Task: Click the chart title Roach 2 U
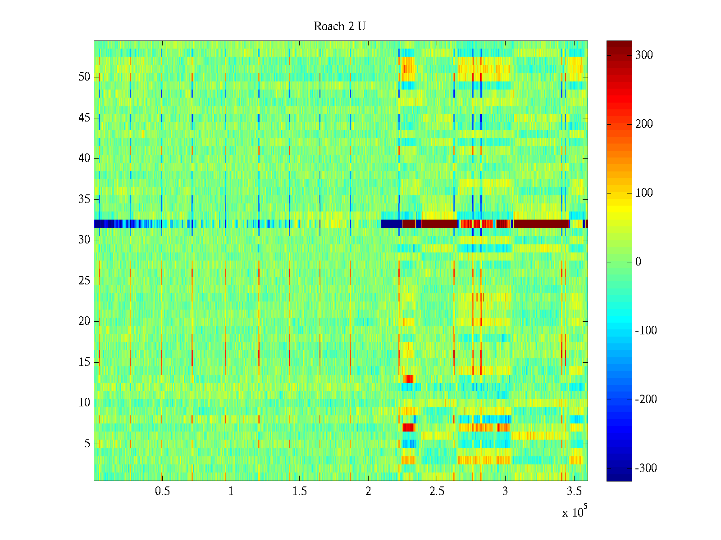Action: (x=339, y=27)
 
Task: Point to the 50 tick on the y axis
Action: (x=84, y=77)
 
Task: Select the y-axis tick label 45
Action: (x=84, y=118)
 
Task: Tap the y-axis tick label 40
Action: (x=84, y=158)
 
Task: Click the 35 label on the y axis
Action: (x=84, y=199)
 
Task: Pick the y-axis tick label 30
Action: (x=84, y=240)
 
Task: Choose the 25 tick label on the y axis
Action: (x=84, y=281)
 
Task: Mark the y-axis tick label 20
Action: (x=84, y=321)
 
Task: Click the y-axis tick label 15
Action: (x=84, y=362)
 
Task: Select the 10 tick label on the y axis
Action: (x=84, y=403)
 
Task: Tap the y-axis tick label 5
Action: (x=87, y=444)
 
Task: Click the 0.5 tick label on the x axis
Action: (x=162, y=491)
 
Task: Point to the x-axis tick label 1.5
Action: (x=299, y=491)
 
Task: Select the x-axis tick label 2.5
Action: (x=437, y=491)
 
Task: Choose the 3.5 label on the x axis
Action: (x=574, y=491)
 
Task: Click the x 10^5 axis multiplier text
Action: (x=574, y=512)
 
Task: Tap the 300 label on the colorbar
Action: (x=644, y=55)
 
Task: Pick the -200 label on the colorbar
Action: (x=646, y=400)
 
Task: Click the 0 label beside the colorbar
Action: (x=638, y=262)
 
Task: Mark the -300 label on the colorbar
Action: (x=646, y=468)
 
